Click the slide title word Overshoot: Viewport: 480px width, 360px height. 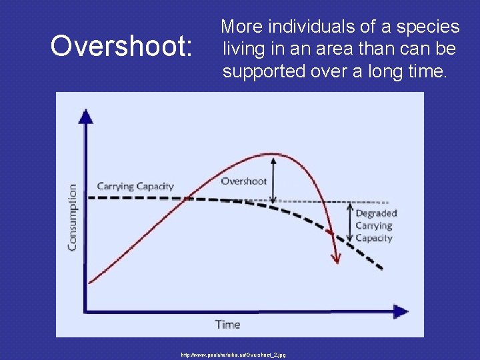coord(122,47)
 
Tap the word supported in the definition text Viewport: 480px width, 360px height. coord(264,71)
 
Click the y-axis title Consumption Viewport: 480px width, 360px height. coord(72,217)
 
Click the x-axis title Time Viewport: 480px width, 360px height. coord(227,325)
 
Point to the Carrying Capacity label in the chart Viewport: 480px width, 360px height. coord(135,186)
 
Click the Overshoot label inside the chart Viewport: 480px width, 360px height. coord(243,181)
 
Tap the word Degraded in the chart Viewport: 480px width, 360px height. coord(376,213)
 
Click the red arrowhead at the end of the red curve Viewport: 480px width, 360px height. coord(336,258)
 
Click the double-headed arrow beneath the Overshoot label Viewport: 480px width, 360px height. coord(273,180)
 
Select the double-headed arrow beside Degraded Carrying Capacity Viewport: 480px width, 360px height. coord(349,222)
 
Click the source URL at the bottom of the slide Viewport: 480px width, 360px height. coord(233,355)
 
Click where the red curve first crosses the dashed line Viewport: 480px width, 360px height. coord(189,197)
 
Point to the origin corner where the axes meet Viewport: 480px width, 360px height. coord(86,311)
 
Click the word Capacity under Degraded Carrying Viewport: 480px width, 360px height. coord(373,238)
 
